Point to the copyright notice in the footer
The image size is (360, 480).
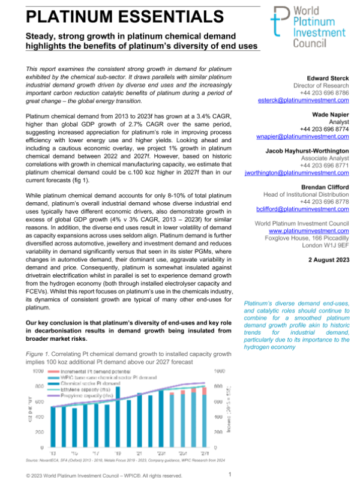pos(100,475)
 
